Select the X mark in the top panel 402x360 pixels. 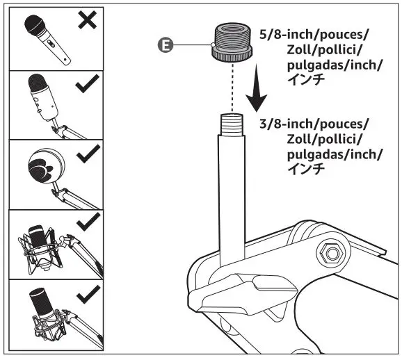[87, 21]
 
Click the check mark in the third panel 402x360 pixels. [86, 155]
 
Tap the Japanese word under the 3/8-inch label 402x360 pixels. [306, 169]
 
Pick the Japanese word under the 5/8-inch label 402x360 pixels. [306, 80]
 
